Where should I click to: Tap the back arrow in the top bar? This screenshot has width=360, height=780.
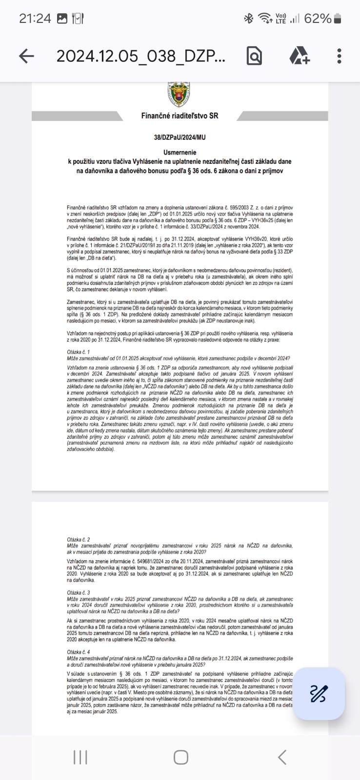(27, 56)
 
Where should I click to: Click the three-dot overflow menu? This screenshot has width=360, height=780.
(340, 56)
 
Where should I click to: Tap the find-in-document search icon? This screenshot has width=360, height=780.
(254, 56)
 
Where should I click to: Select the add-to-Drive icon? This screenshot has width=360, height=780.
(300, 56)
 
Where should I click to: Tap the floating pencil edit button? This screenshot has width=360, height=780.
(320, 693)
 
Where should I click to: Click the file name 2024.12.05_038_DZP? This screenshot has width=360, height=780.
(141, 57)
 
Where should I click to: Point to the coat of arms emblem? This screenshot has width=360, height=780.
(180, 95)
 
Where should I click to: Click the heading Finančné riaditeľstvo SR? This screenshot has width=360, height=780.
(180, 116)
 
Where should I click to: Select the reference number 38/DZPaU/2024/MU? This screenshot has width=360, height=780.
(180, 137)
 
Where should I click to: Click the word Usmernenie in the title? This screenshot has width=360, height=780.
(180, 152)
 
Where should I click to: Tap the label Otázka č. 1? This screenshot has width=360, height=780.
(79, 351)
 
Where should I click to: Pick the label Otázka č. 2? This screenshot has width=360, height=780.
(79, 540)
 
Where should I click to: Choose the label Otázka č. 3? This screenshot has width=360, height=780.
(79, 592)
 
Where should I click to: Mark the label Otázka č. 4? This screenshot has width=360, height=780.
(79, 651)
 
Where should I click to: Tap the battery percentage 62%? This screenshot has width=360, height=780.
(318, 19)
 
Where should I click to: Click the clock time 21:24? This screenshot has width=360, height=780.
(35, 19)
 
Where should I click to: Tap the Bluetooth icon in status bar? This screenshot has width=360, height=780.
(248, 19)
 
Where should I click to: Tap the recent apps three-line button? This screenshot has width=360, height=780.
(80, 757)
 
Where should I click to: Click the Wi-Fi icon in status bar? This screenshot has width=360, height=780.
(265, 19)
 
